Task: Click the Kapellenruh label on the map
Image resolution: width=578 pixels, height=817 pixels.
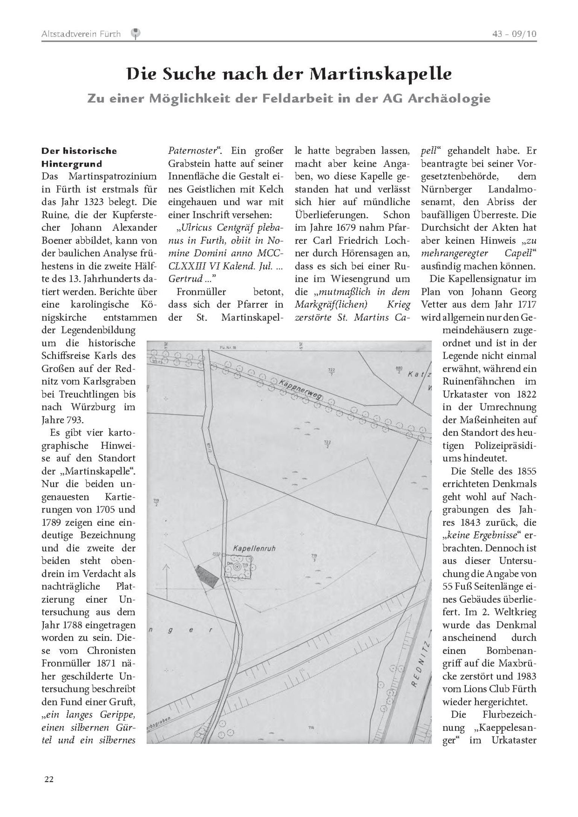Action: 254,549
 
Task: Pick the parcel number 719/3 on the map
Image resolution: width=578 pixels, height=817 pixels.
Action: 314,558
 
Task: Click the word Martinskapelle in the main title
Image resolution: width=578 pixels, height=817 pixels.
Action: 380,74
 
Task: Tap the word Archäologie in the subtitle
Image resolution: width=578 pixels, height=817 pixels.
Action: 449,99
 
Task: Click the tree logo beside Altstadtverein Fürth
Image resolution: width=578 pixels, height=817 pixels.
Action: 135,34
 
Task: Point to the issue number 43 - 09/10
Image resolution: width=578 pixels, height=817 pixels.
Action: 514,34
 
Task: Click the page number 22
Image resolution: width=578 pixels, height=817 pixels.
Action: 49,779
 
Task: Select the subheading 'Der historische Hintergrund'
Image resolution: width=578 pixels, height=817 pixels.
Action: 79,157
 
